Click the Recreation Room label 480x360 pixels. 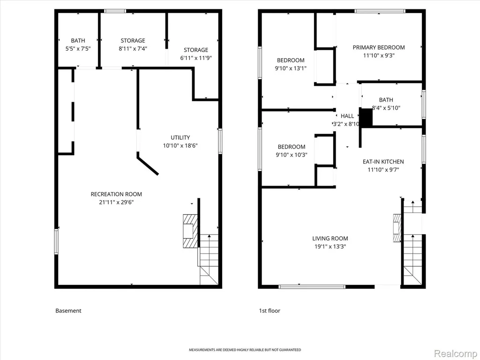point(116,194)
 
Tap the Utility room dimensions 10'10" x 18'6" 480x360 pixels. point(180,145)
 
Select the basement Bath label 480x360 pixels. point(78,40)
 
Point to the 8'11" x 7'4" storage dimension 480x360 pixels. point(133,48)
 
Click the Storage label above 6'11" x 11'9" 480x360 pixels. point(196,50)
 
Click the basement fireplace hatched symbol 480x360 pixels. point(190,231)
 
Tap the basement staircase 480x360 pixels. point(209,260)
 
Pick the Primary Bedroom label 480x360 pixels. point(379,47)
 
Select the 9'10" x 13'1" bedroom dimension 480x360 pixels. point(291,68)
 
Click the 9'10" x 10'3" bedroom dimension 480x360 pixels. point(292,155)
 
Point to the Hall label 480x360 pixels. point(347,116)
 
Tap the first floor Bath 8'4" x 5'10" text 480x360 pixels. point(386,104)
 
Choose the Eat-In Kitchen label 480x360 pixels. point(383,162)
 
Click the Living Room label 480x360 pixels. point(330,239)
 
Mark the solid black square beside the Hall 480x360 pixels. point(366,117)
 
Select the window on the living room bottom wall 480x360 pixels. point(312,287)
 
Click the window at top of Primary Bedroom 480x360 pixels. point(380,11)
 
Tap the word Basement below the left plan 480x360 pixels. point(68,311)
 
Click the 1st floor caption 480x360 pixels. point(270,311)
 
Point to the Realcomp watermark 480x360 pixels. point(456,353)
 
